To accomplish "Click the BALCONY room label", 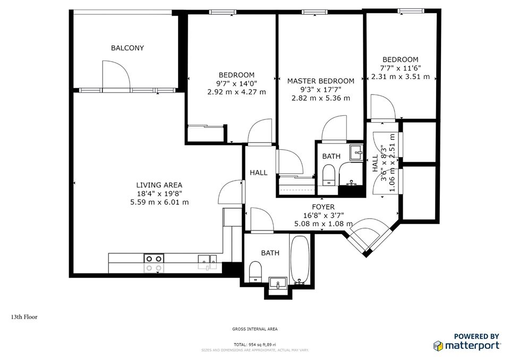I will pos(127,48).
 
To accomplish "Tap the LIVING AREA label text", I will pos(159,185).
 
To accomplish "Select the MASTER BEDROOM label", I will pos(320,81).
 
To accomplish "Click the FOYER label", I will pos(323,207).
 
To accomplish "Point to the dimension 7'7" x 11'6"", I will pos(399,68).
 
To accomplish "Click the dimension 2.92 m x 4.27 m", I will pos(236,92).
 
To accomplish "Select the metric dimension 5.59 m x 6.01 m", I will pos(159,202).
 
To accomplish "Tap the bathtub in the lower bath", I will pos(299,260).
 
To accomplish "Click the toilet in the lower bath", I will pos(255,271).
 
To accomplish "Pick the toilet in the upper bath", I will pos(329,175).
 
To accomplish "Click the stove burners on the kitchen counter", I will pos(154,262).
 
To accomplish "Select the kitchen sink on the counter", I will pos(207,260).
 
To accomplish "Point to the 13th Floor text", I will pos(24,317).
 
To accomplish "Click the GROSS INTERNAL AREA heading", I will pos(254,329).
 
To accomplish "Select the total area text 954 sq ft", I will pos(255,345).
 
